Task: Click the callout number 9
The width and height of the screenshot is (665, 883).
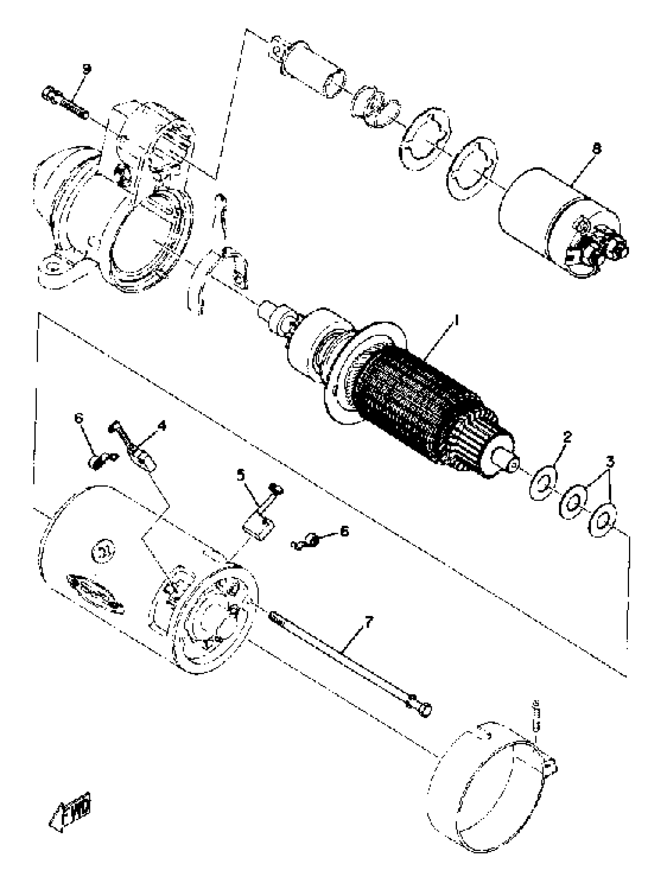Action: [x=87, y=68]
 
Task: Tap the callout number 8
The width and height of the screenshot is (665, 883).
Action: [x=596, y=149]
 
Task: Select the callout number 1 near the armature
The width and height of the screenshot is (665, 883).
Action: [x=457, y=320]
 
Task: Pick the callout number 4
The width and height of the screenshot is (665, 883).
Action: [x=162, y=426]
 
